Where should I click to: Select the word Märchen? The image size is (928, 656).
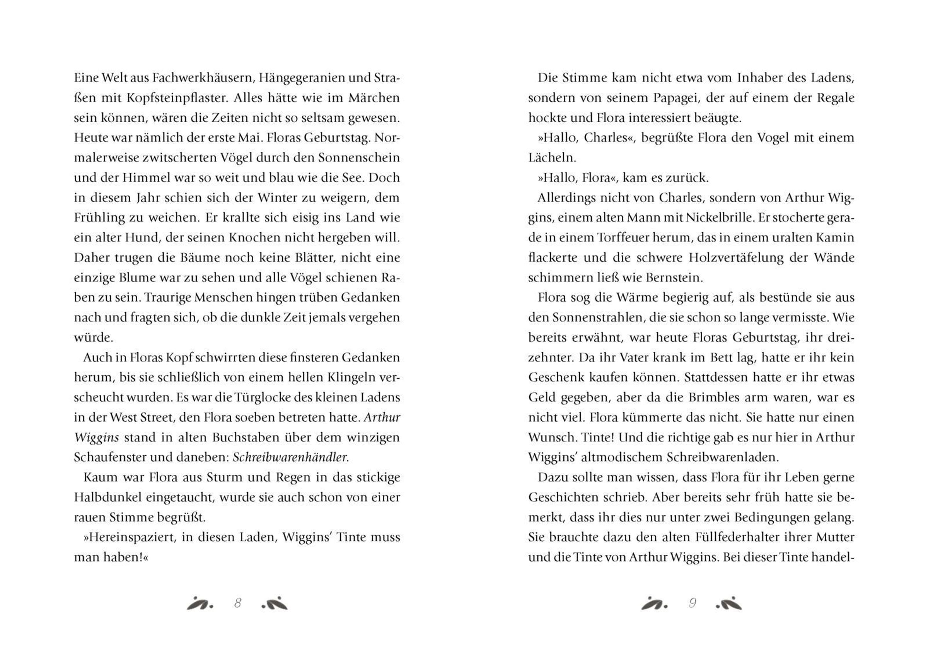click(x=374, y=98)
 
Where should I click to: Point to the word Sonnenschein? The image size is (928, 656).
click(x=359, y=158)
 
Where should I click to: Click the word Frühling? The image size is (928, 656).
click(x=99, y=218)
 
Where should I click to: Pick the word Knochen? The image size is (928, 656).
click(x=255, y=238)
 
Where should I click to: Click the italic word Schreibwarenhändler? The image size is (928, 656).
click(x=291, y=457)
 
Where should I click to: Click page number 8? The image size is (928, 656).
click(x=238, y=603)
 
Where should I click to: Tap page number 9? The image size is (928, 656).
click(x=693, y=603)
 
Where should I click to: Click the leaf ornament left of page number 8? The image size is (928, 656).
click(x=199, y=603)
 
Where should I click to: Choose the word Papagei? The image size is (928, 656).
click(x=655, y=98)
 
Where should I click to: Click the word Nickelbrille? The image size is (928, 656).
click(x=720, y=218)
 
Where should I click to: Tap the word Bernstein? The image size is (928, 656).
click(x=674, y=278)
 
